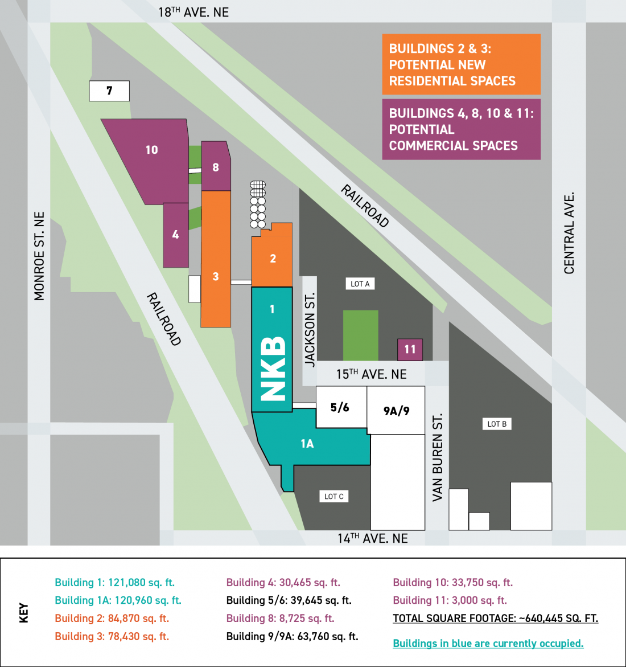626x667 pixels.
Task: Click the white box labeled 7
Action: [109, 91]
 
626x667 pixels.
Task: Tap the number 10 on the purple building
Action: [151, 150]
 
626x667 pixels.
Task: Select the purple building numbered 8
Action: [216, 167]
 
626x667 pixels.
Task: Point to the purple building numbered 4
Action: [175, 235]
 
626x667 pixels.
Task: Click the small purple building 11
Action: [410, 349]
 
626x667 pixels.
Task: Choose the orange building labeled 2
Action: [273, 259]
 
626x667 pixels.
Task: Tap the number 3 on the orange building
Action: [216, 276]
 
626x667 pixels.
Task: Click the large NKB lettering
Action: [273, 368]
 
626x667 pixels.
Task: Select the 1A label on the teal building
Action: [307, 444]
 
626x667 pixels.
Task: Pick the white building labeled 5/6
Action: [340, 407]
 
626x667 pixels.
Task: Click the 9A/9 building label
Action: [396, 411]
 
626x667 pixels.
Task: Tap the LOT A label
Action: [360, 284]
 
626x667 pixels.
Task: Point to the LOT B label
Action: [497, 424]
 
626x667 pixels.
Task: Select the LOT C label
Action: [333, 496]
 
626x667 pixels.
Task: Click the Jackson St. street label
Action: [310, 329]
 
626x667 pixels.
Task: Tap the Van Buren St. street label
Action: [437, 457]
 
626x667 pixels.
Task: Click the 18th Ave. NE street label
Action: [193, 12]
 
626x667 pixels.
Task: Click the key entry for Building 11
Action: [450, 600]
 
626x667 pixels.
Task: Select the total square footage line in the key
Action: [495, 619]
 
